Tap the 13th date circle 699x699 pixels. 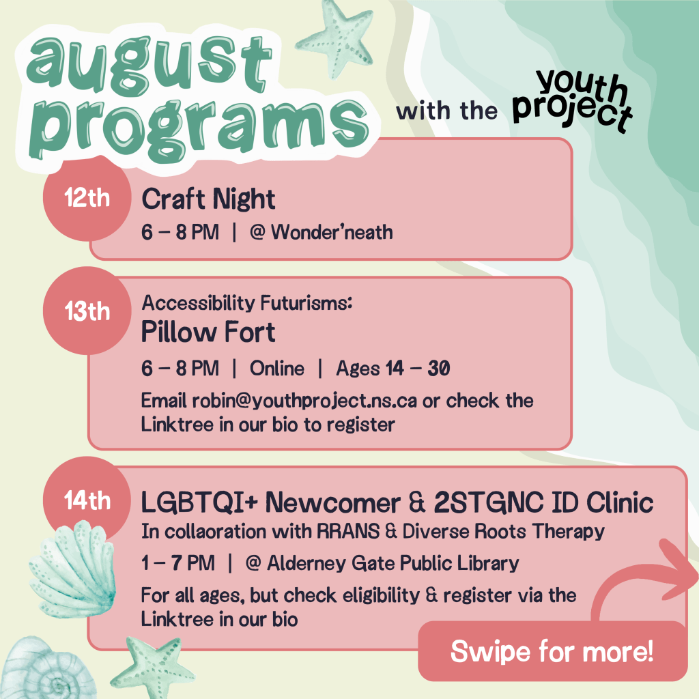coord(86,311)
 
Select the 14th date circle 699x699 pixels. coord(86,500)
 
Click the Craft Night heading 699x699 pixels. coord(208,199)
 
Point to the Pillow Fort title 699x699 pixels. coord(208,332)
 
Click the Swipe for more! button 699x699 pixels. coord(552,651)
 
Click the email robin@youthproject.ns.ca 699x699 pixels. coord(304,401)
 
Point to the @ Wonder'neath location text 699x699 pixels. coord(321,232)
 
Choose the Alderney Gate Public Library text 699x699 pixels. coord(393,563)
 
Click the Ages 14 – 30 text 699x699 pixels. coord(393,369)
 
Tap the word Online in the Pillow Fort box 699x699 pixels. coord(276,369)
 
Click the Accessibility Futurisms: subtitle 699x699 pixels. coord(246,302)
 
